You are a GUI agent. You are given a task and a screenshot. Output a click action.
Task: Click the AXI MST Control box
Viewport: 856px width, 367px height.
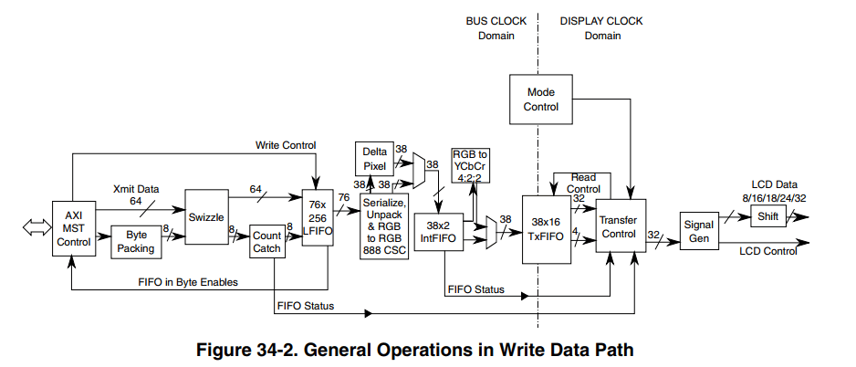[73, 229]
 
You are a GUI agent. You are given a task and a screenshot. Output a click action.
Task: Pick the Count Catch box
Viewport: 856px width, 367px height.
[267, 242]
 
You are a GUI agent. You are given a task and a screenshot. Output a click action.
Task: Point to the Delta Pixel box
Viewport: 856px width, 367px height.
[376, 159]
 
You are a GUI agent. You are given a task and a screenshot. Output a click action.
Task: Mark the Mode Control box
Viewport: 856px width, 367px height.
[541, 100]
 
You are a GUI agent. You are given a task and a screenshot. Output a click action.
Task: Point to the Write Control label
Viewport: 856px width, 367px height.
[287, 145]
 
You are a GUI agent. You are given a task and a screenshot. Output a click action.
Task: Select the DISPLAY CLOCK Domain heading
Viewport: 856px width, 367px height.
[602, 28]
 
